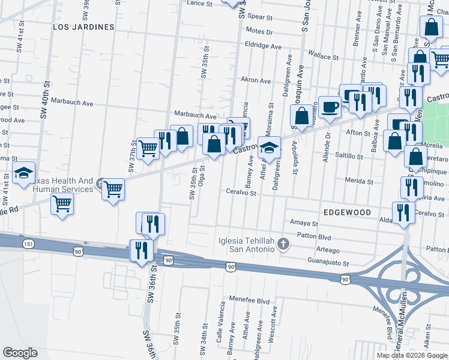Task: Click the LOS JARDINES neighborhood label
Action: click(x=83, y=27)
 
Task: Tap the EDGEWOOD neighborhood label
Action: click(x=348, y=212)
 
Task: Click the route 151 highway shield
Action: click(x=28, y=244)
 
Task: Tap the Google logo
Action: click(x=20, y=353)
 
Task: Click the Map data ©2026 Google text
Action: click(x=412, y=355)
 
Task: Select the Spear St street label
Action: click(x=260, y=17)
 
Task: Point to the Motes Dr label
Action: click(x=259, y=32)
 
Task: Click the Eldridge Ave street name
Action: click(x=263, y=46)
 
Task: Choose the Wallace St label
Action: click(x=324, y=56)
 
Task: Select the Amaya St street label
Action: click(x=303, y=222)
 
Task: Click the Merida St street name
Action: click(x=359, y=181)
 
